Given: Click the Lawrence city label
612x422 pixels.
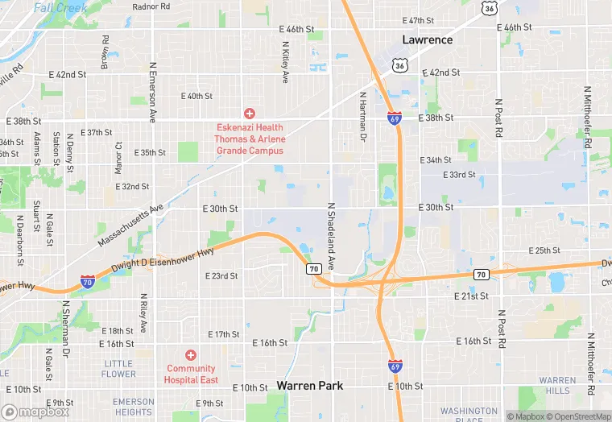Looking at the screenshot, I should click(x=428, y=39).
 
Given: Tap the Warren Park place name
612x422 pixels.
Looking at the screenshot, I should click(x=310, y=386).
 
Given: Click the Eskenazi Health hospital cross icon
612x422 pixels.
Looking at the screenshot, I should click(x=250, y=114).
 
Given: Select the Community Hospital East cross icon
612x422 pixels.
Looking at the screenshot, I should click(x=191, y=355).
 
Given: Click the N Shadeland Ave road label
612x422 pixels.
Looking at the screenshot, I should click(x=330, y=236).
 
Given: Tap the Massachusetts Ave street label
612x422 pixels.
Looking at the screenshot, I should click(x=130, y=225).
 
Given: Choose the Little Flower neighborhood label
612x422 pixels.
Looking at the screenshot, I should click(x=119, y=369).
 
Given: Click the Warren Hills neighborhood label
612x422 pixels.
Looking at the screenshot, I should click(x=557, y=386).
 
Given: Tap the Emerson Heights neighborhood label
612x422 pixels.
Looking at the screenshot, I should click(x=133, y=407).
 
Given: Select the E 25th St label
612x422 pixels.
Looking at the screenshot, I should click(x=544, y=250).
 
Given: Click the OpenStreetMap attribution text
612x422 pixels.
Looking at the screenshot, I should click(x=579, y=416).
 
